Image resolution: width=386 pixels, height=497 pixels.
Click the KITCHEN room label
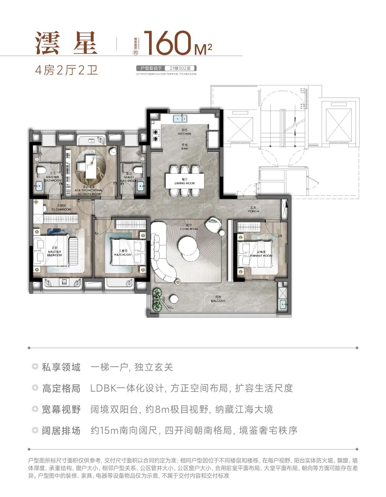pyautogui.click(x=184, y=132)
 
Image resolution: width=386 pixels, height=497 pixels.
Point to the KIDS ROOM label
pyautogui.click(x=123, y=253)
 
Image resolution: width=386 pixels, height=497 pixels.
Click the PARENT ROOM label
pyautogui.click(x=261, y=254)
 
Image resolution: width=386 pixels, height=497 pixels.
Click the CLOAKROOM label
pyautogui.click(x=61, y=208)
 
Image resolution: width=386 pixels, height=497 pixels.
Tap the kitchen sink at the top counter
pyautogui.click(x=180, y=118)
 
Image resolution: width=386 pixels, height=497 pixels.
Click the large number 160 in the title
pyautogui.click(x=167, y=44)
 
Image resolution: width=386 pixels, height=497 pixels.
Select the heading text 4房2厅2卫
pyautogui.click(x=66, y=70)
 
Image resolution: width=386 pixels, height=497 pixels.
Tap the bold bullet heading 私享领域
pyautogui.click(x=61, y=367)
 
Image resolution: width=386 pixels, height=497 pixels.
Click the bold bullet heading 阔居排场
pyautogui.click(x=61, y=431)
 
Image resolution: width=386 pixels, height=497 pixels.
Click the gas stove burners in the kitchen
pyautogui.click(x=156, y=135)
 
